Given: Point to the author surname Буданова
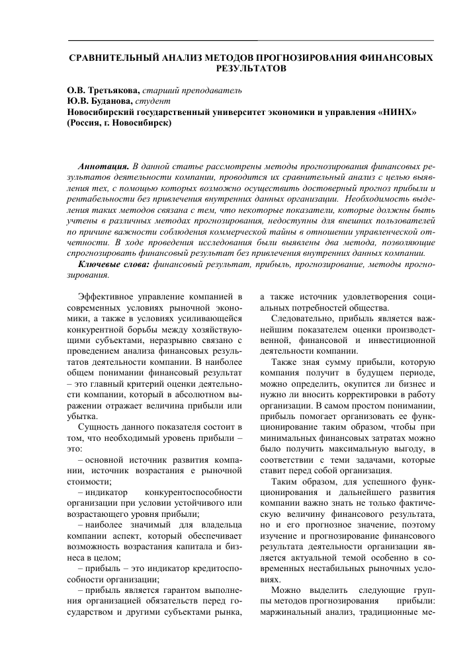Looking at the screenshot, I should tap(108, 101).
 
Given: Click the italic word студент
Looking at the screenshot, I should tap(153, 101).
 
